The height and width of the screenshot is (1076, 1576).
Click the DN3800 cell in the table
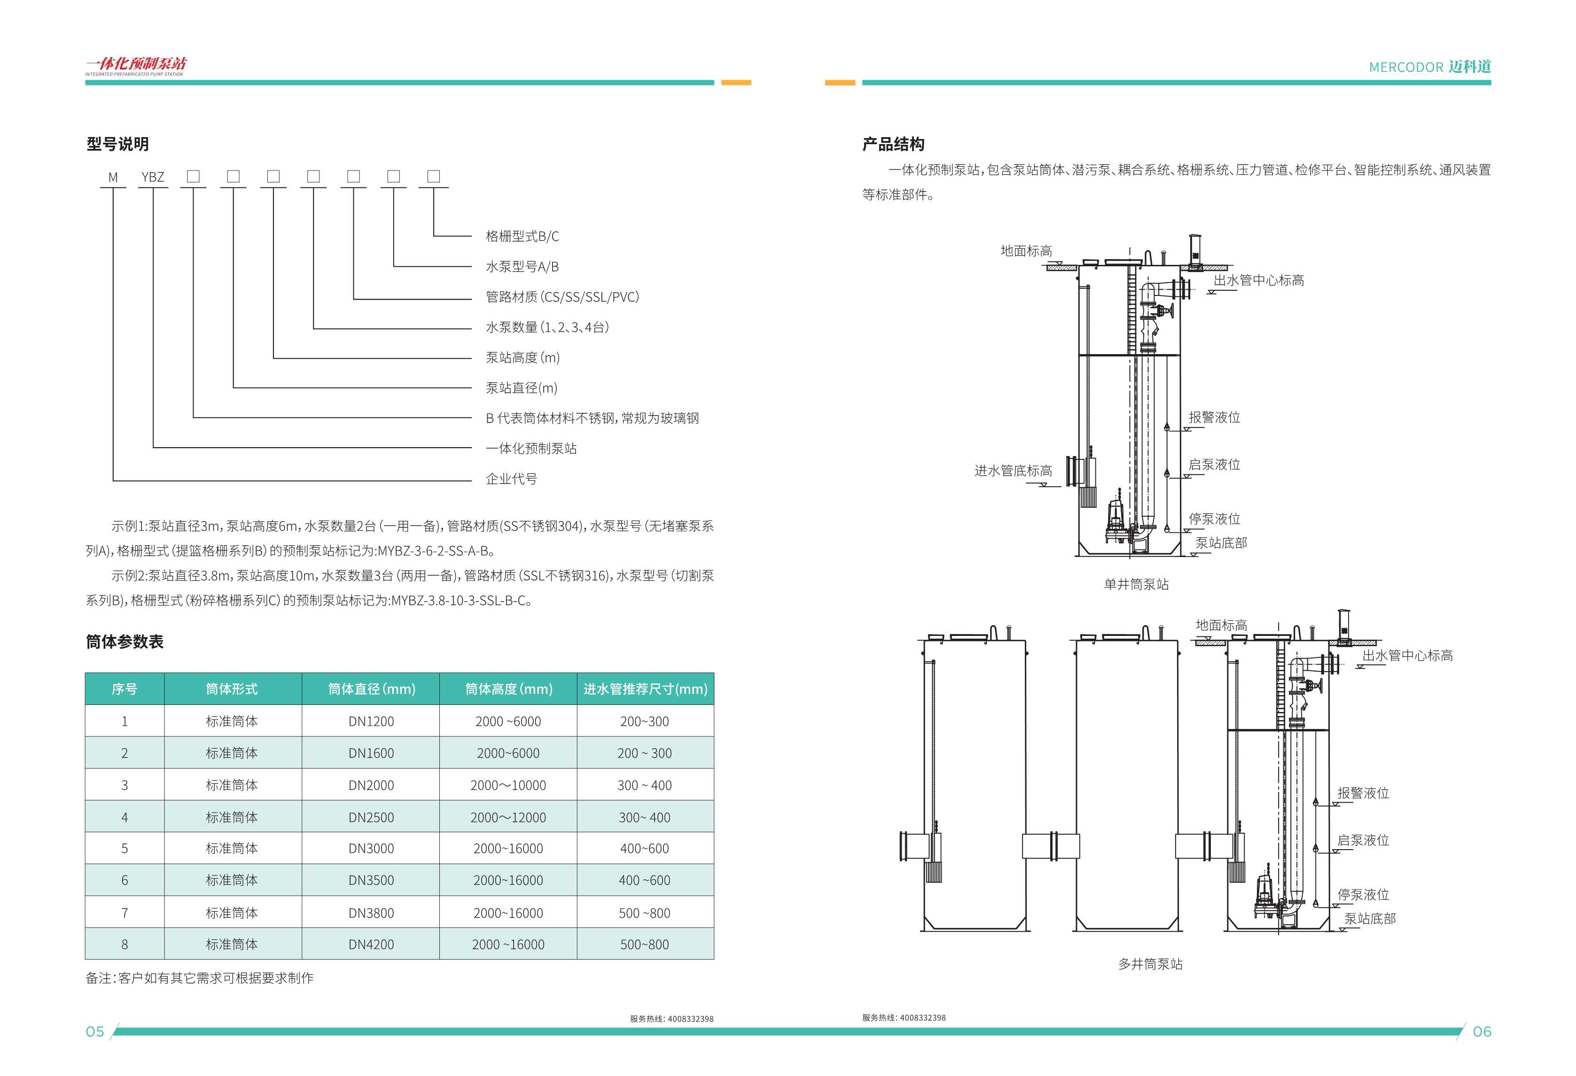pyautogui.click(x=371, y=913)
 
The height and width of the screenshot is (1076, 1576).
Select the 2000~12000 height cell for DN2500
pyautogui.click(x=508, y=817)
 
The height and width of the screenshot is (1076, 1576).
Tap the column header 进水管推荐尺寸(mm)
pyautogui.click(x=645, y=689)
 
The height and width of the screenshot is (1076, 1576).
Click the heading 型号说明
pyautogui.click(x=117, y=144)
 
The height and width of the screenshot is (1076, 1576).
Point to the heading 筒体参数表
pyautogui.click(x=125, y=642)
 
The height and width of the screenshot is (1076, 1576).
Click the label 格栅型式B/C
pyautogui.click(x=522, y=236)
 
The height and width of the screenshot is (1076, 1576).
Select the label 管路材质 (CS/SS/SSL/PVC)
pyautogui.click(x=562, y=297)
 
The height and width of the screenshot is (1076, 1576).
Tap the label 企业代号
pyautogui.click(x=511, y=479)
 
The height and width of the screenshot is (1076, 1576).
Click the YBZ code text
pyautogui.click(x=153, y=177)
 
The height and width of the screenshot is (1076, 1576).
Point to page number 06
pyautogui.click(x=1482, y=1031)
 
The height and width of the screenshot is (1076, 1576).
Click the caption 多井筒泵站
pyautogui.click(x=1150, y=963)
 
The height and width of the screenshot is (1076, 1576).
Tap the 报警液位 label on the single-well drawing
pyautogui.click(x=1214, y=417)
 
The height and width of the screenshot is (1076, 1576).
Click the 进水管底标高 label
pyautogui.click(x=1013, y=471)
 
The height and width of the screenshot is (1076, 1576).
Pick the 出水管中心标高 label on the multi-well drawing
pyautogui.click(x=1407, y=656)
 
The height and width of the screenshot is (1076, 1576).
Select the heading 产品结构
pyautogui.click(x=893, y=144)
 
